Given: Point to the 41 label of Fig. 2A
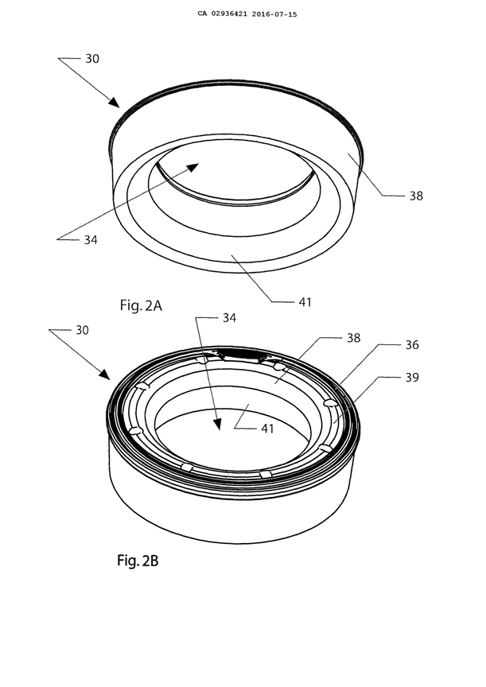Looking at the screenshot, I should pos(305,302).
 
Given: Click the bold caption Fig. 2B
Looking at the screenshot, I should pos(138,561).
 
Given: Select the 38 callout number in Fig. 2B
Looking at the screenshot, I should pos(353,337).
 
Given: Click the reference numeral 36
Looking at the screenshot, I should pos(414,345).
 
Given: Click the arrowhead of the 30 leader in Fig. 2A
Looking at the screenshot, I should pos(116,103).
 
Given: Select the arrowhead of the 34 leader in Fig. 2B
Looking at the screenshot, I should pos(216,425).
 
